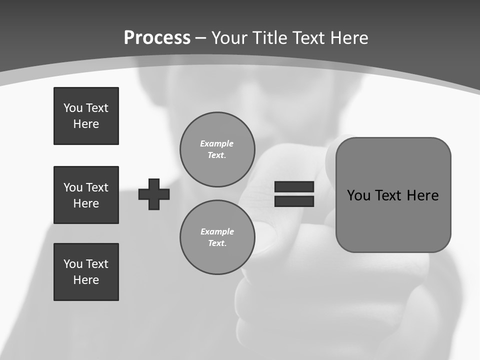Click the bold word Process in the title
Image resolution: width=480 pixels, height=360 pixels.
pos(157,38)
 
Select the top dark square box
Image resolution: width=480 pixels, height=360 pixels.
pos(86,116)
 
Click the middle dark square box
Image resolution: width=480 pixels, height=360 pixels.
pos(86,195)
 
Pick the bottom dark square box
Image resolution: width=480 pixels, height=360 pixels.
pos(86,272)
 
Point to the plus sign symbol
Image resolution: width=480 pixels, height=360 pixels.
pos(154,194)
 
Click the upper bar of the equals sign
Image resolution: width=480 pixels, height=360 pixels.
pos(294,187)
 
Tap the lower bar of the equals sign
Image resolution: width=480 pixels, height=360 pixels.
pos(294,201)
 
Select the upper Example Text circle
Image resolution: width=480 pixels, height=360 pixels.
pos(217,149)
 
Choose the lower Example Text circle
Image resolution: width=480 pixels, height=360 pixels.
pos(217,237)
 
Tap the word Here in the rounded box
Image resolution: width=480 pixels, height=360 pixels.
pos(422,195)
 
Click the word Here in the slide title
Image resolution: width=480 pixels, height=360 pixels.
pos(350,38)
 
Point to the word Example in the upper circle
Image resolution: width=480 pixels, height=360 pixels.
pos(217,143)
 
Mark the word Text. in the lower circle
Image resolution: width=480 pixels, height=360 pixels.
pos(217,243)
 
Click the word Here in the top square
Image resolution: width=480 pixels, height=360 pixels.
pos(86,124)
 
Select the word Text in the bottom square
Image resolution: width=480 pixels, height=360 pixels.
pos(96,264)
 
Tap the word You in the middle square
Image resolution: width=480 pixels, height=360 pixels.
pos(72,187)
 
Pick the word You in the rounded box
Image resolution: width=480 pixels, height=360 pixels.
pos(358,195)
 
